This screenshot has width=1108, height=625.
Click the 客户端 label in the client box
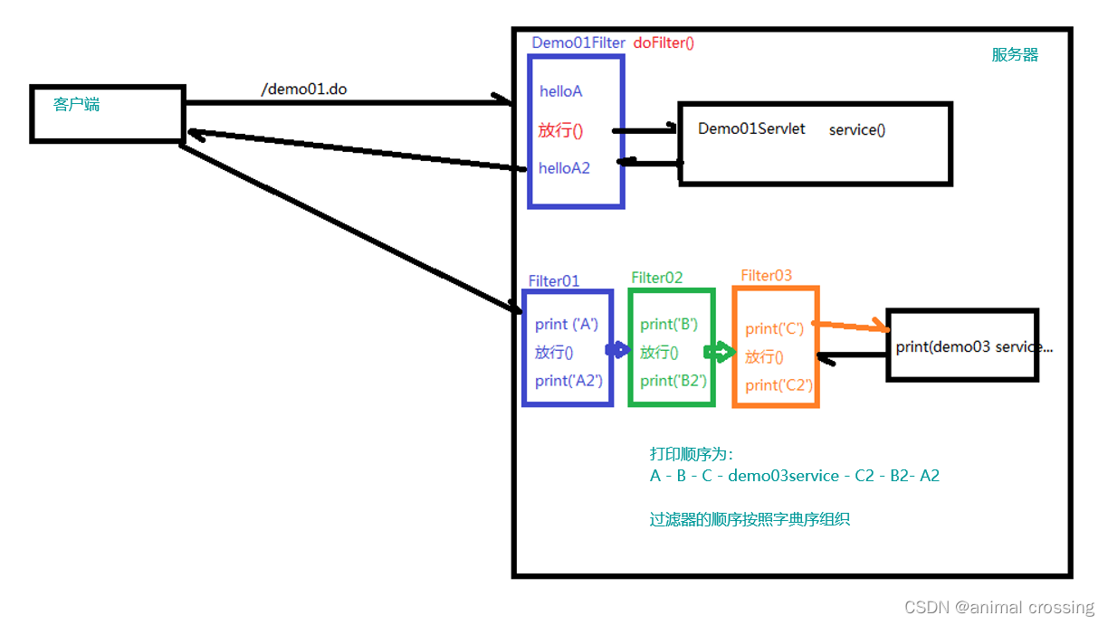(x=76, y=105)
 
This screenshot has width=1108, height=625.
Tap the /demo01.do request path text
(x=304, y=90)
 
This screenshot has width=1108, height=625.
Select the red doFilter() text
(x=664, y=43)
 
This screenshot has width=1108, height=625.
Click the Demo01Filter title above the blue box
(x=578, y=43)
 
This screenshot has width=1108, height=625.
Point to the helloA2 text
(x=564, y=168)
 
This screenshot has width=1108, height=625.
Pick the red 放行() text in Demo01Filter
(x=560, y=130)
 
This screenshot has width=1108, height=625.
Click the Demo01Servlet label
(x=751, y=129)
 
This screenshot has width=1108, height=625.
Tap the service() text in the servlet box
(x=857, y=130)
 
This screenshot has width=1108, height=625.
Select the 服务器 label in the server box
(x=1015, y=55)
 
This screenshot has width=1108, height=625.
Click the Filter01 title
(x=554, y=281)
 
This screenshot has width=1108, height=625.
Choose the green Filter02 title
(x=657, y=278)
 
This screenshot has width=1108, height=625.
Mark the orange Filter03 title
(x=766, y=275)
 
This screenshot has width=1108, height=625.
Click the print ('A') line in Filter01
(x=567, y=325)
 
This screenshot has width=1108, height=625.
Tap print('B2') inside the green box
(x=673, y=381)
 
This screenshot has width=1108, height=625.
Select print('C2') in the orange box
(x=778, y=385)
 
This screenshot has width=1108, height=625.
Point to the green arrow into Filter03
(x=722, y=352)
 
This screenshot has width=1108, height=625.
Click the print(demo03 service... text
(x=962, y=347)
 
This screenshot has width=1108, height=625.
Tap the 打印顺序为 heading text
(x=691, y=454)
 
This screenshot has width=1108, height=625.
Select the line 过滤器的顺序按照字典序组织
(x=750, y=520)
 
